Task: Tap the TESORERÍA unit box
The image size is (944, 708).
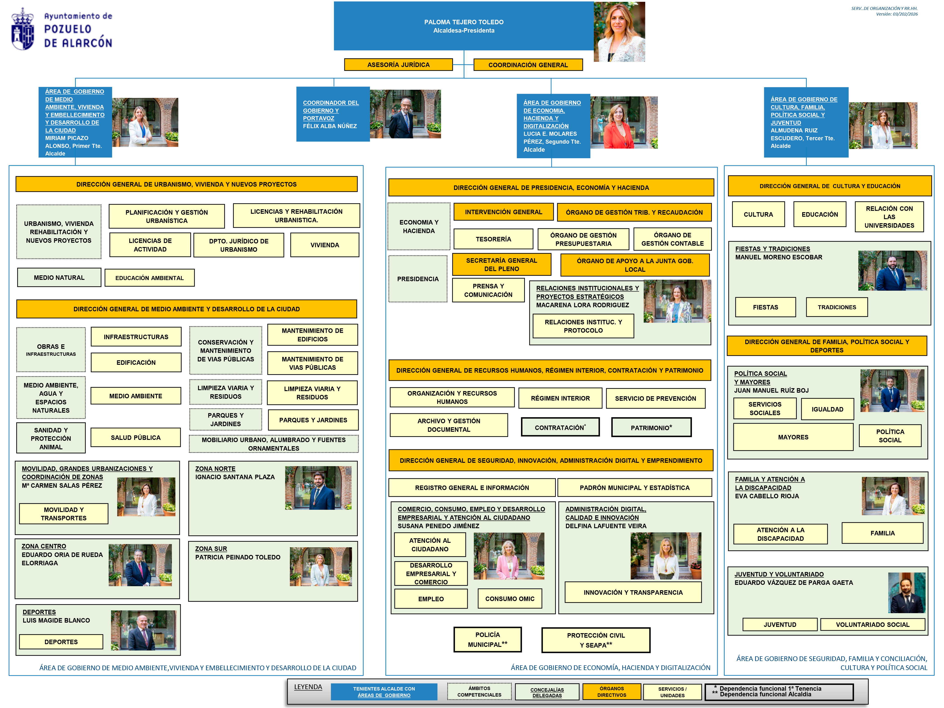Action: (493, 239)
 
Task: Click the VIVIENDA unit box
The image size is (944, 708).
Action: (325, 245)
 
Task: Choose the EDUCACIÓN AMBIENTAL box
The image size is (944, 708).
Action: (149, 278)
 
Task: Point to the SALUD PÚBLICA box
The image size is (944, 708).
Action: (136, 437)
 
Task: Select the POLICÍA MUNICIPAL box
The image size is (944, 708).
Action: (487, 639)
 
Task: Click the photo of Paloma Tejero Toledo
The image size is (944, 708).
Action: (619, 32)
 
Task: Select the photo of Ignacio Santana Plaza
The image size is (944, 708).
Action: (318, 488)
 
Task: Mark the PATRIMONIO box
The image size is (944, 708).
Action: (651, 427)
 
